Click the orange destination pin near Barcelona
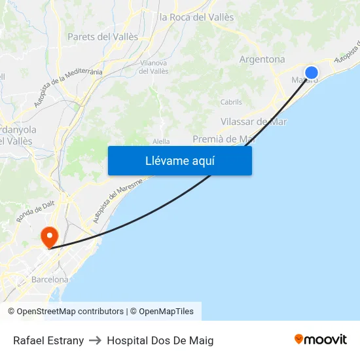pos(49,236)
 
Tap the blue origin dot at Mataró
pos(312,73)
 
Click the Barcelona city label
pos(50,279)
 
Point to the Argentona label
pos(262,60)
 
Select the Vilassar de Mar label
pos(253,121)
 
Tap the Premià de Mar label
pos(223,139)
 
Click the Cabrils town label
pos(231,102)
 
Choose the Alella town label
pos(160,141)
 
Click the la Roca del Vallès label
pos(196,18)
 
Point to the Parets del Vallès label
pos(103,37)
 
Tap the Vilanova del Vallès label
pos(154,67)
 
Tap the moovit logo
pos(321,339)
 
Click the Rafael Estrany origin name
pos(48,340)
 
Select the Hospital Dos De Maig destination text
pos(160,340)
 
